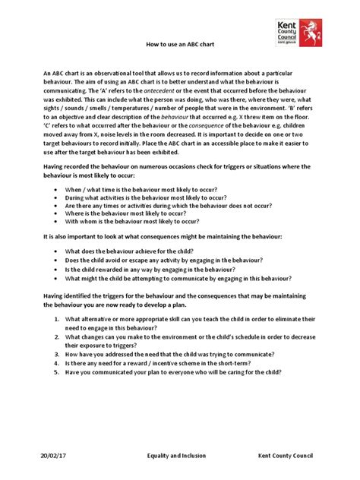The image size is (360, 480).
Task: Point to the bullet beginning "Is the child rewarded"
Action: (150, 269)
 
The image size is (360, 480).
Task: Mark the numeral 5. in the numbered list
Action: (49, 372)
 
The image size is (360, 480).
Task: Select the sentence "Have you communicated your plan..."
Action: (173, 372)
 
